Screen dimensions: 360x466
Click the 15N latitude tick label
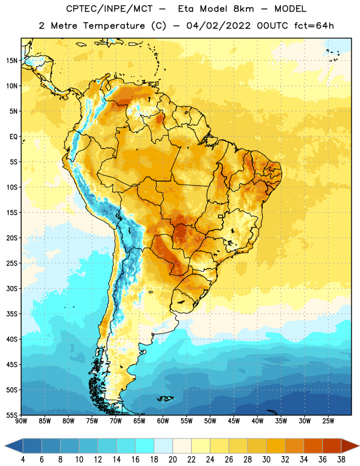pyautogui.click(x=12, y=61)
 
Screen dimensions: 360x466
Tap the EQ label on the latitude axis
pyautogui.click(x=13, y=137)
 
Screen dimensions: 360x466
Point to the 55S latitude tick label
pyautogui.click(x=12, y=415)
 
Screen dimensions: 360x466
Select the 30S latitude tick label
pyautogui.click(x=12, y=288)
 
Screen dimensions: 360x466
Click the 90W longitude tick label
pyautogui.click(x=22, y=421)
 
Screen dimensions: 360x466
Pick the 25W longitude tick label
pyautogui.click(x=328, y=421)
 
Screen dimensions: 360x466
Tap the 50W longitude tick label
pyautogui.click(x=210, y=421)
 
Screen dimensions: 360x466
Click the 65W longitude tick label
pyautogui.click(x=139, y=421)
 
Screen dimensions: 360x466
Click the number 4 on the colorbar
pyautogui.click(x=23, y=460)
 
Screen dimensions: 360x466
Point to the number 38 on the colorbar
pyautogui.click(x=341, y=460)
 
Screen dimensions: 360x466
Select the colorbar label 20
pyautogui.click(x=172, y=460)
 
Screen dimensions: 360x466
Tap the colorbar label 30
pyautogui.click(x=266, y=460)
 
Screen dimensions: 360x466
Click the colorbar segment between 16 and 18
pyautogui.click(x=144, y=446)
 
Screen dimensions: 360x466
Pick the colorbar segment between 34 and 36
pyautogui.click(x=313, y=446)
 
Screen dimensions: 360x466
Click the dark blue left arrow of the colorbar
pyautogui.click(x=13, y=446)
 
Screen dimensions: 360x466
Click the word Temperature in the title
pyautogui.click(x=114, y=26)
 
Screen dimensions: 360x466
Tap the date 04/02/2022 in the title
pyautogui.click(x=218, y=26)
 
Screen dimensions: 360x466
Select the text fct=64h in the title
pyautogui.click(x=314, y=26)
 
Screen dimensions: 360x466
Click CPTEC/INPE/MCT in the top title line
pyautogui.click(x=110, y=9)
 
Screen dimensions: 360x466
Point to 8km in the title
pyautogui.click(x=243, y=9)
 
